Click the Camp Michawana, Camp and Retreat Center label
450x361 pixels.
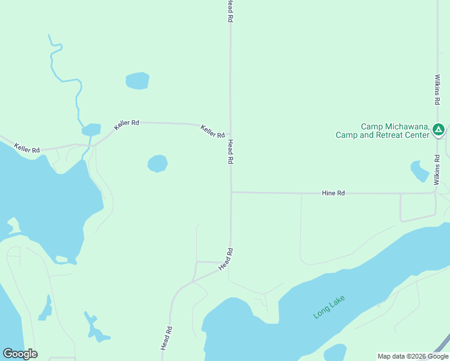pos(395,131)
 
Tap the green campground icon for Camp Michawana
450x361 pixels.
pos(439,129)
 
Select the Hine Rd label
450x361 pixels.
pos(333,193)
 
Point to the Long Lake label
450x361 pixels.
pos(330,307)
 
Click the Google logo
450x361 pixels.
pos(20,354)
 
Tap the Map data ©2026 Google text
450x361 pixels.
pos(413,356)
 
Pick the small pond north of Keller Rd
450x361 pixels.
pos(137,81)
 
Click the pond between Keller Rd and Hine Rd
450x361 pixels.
pos(158,163)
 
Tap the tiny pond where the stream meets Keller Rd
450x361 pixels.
pos(91,129)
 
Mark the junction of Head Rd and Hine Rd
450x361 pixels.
pos(230,193)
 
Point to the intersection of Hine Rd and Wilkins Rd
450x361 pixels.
pos(436,193)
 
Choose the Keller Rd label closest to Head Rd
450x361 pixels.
pos(212,131)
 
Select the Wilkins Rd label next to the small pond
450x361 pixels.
pos(437,168)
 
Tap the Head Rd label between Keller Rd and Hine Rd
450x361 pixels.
pos(230,152)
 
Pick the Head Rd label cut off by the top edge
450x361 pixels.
pos(230,11)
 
